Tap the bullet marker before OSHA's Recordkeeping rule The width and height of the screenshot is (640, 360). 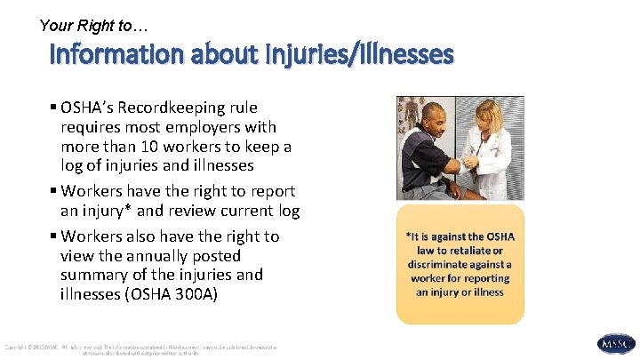pos(55,108)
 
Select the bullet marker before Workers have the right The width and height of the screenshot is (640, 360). pos(55,191)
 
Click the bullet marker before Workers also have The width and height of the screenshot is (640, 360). pos(55,236)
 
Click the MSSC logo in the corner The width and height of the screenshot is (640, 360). pos(616,343)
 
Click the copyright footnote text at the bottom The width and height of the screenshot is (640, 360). pos(142,348)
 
